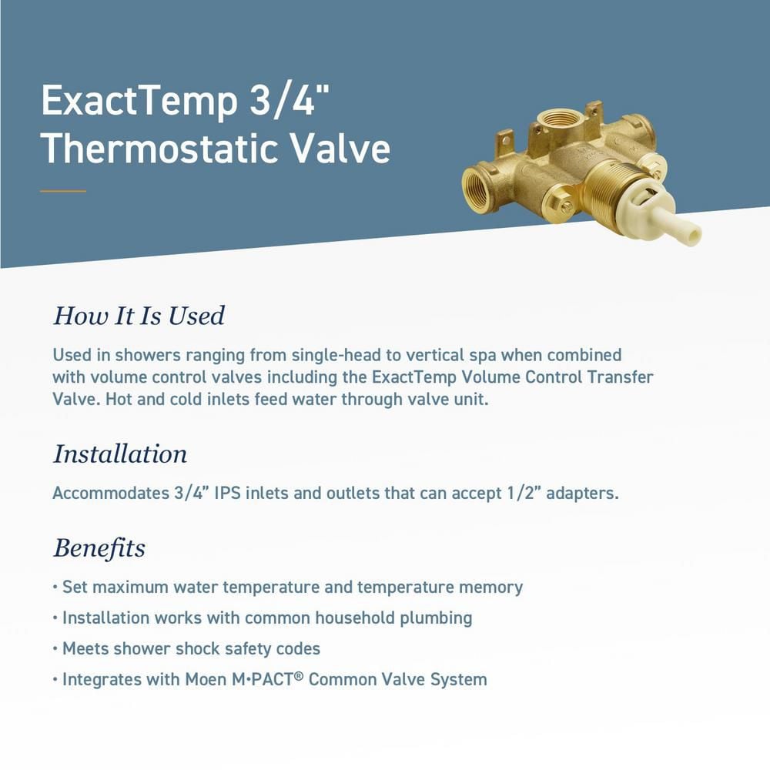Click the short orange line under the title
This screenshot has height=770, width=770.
(63, 191)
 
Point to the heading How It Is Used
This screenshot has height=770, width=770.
(139, 316)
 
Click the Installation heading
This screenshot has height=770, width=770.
(119, 454)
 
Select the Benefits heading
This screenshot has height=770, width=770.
(99, 548)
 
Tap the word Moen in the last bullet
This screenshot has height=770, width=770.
(204, 680)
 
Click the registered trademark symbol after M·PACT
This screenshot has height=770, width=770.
(300, 675)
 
